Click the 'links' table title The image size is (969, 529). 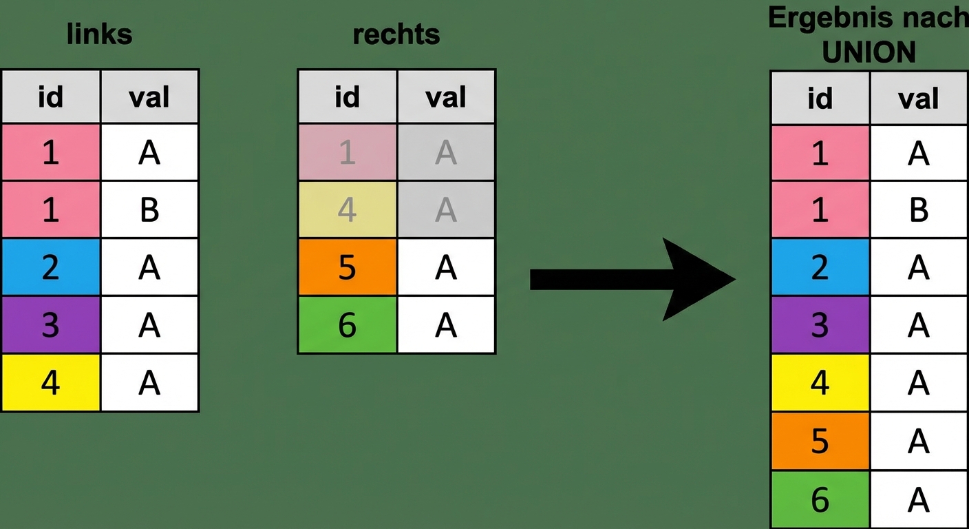click(x=99, y=34)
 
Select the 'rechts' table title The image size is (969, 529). click(x=396, y=34)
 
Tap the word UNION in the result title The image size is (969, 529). click(x=869, y=52)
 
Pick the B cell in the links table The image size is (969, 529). click(x=149, y=209)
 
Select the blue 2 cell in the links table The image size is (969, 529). click(x=51, y=267)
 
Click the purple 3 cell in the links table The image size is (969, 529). click(x=51, y=325)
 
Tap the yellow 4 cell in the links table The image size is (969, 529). click(x=51, y=383)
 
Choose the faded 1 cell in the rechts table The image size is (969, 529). click(x=347, y=152)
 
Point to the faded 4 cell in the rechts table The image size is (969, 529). click(x=347, y=209)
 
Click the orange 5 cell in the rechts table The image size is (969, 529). click(x=347, y=267)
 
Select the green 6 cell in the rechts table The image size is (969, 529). click(x=347, y=325)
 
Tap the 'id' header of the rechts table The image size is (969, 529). click(x=347, y=97)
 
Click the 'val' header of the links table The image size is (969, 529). click(x=149, y=97)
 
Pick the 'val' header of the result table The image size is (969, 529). click(x=919, y=98)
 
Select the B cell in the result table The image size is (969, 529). click(x=919, y=210)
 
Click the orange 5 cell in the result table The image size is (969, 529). click(x=820, y=441)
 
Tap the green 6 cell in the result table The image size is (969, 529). click(x=820, y=499)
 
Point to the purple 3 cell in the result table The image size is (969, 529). click(x=820, y=325)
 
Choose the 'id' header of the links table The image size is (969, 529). click(x=51, y=97)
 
